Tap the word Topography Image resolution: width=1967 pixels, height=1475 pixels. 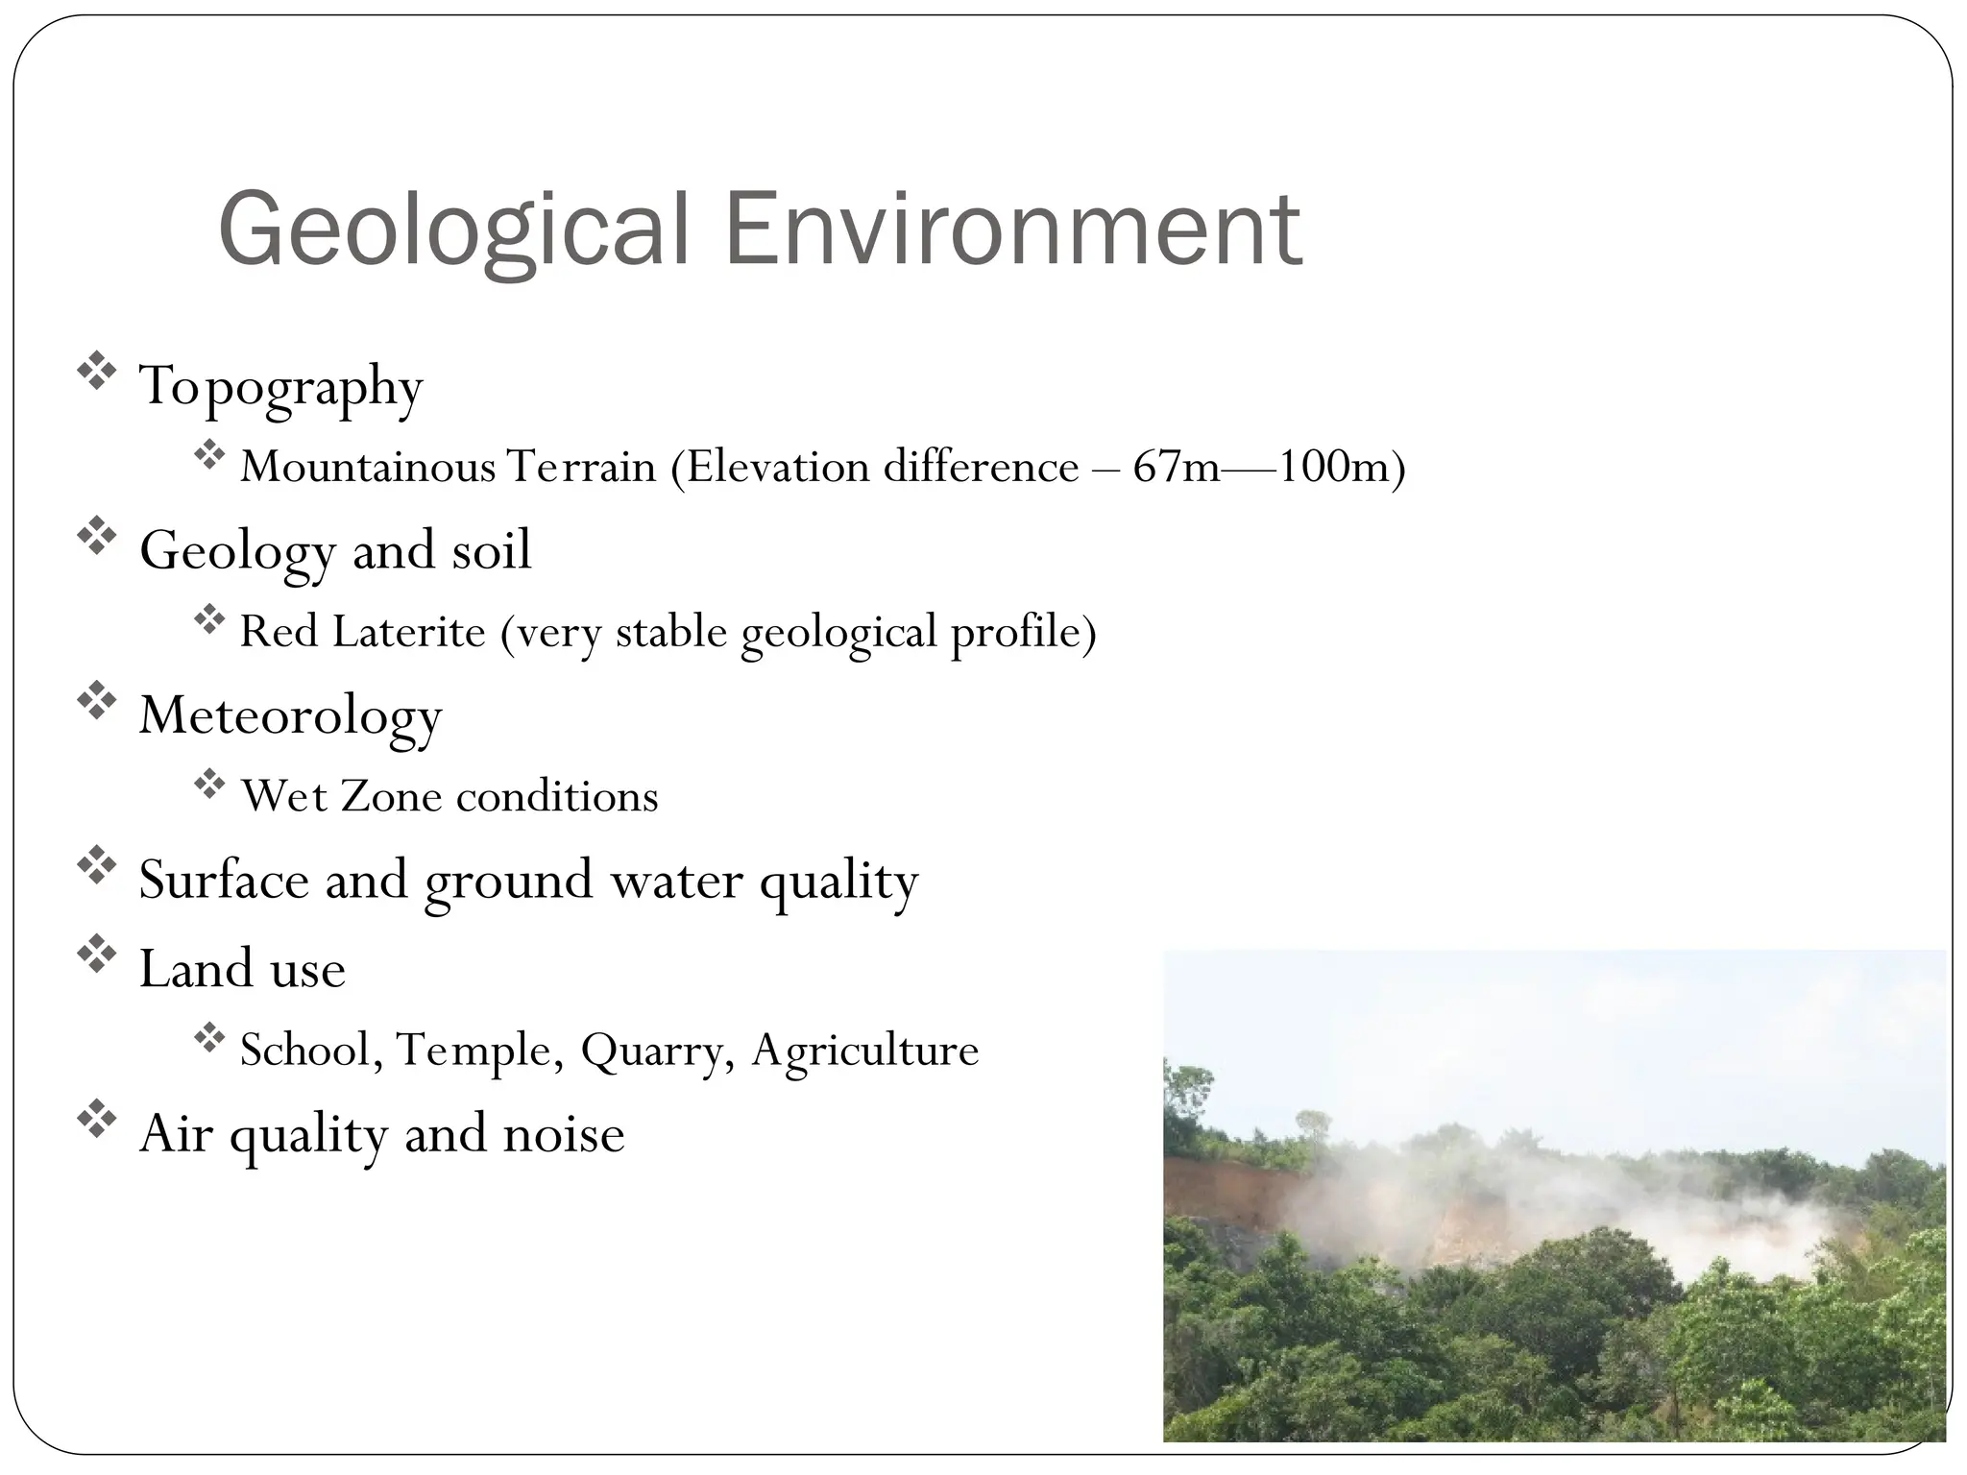[280, 387]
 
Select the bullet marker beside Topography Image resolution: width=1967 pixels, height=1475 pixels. [96, 373]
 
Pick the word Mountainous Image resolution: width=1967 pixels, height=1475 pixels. [368, 468]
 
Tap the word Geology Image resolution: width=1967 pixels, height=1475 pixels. [236, 552]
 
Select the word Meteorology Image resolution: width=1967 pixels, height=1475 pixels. [290, 716]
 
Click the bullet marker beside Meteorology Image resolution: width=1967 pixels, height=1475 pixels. [96, 701]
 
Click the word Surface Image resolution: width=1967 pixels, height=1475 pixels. [223, 880]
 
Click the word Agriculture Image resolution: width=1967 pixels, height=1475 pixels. [864, 1051]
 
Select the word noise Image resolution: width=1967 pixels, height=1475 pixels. [564, 1134]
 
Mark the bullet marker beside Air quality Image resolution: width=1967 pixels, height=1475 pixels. [96, 1120]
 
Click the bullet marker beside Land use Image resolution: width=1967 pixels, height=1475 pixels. [96, 954]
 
